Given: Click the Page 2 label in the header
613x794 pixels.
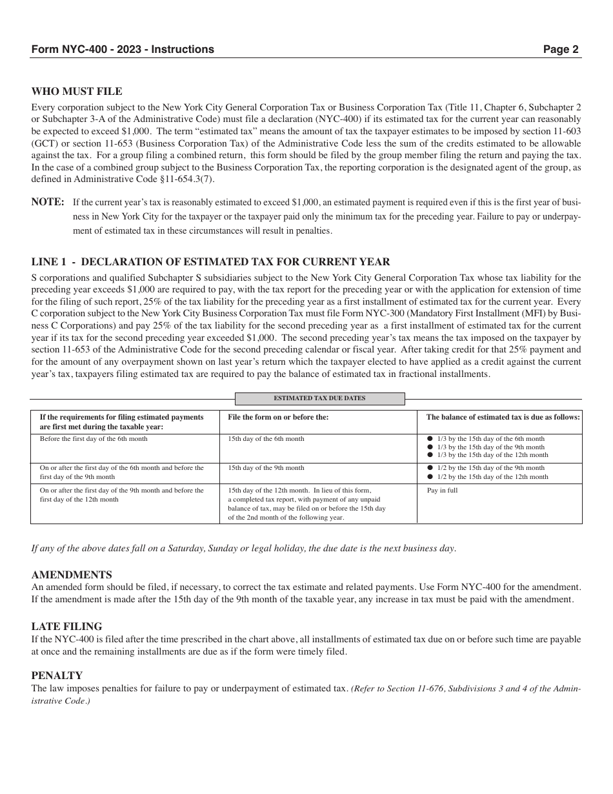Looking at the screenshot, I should coord(560,49).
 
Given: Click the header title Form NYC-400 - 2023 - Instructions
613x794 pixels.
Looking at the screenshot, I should coord(123,49).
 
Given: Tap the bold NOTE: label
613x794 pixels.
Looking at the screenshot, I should coord(48,202).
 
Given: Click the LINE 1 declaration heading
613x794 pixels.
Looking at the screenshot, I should coord(210,261).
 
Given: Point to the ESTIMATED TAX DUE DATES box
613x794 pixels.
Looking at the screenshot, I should coord(319,398).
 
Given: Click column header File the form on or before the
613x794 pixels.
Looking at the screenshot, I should coord(278,417).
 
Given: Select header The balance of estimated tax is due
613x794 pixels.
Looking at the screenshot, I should coord(503,417).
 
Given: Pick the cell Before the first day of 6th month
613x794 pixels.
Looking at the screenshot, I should coord(94,439).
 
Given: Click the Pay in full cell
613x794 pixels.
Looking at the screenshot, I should coord(442,491).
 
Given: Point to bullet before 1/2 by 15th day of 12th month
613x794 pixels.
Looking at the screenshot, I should coord(430,476).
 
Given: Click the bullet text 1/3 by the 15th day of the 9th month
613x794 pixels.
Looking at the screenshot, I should coord(490,447).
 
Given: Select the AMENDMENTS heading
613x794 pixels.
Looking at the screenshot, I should coord(72,575).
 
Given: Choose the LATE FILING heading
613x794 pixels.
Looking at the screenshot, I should coord(66,626).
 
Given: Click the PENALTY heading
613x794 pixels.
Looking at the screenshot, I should coord(57,675).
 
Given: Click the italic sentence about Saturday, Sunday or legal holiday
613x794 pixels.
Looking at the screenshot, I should coord(244,549).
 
